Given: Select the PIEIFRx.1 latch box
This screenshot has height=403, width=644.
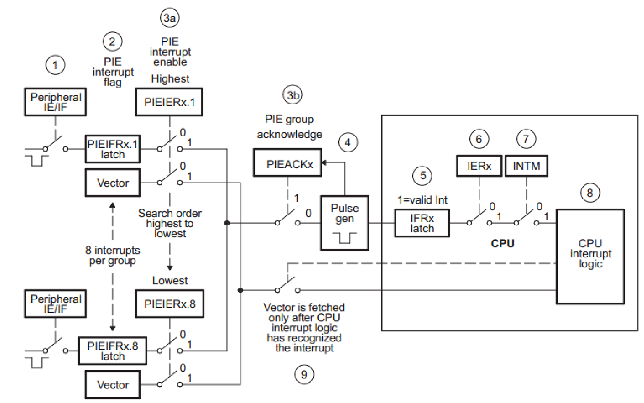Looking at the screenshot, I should tap(113, 149).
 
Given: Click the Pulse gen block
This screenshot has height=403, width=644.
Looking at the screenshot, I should tap(345, 223).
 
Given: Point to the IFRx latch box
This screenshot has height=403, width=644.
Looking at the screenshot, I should tap(422, 223).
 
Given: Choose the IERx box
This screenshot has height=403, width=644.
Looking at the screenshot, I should tap(479, 166).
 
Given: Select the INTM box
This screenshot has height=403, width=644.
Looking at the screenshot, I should tap(526, 166).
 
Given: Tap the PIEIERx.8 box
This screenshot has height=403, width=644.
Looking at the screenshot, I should tap(170, 303).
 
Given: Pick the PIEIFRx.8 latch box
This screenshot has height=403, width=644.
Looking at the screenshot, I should tap(113, 351).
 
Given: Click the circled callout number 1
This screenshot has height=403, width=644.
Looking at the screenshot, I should tap(56, 65).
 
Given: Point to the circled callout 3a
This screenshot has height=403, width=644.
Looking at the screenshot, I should tap(170, 19).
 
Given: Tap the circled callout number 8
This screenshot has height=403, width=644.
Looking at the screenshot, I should tap(590, 193).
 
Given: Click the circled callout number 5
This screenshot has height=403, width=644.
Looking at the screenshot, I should tap(423, 176).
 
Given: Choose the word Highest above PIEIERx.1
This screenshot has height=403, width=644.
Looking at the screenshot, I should tap(170, 79).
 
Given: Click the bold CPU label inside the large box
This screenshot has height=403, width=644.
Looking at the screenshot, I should tap(502, 244).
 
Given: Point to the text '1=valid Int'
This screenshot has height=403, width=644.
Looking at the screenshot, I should tap(423, 200).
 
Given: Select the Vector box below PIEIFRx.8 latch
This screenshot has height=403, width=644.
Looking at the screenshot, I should tap(113, 384).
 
